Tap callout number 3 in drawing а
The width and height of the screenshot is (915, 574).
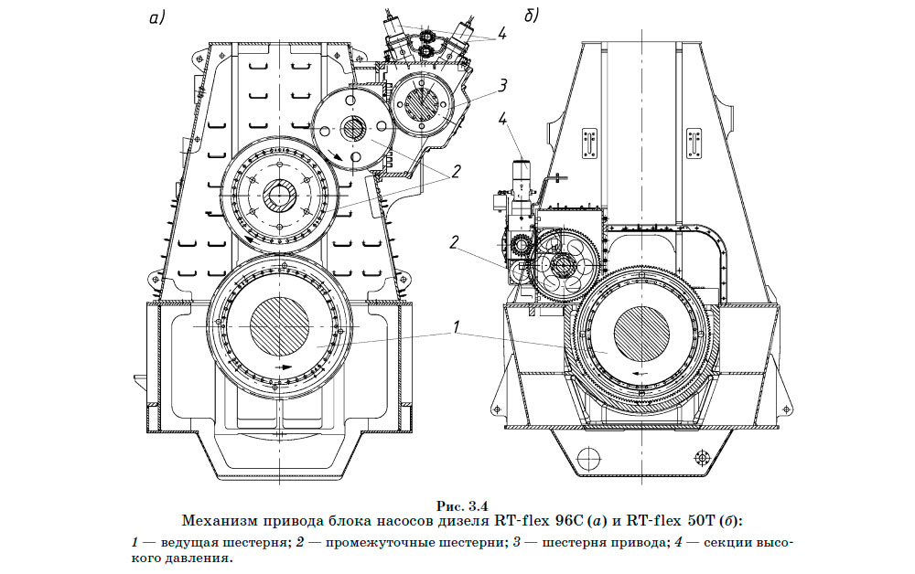502,85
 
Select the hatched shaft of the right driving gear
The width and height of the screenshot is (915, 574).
643,334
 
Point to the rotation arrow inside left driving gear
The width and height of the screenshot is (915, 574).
286,367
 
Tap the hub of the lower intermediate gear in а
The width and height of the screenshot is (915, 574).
278,196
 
